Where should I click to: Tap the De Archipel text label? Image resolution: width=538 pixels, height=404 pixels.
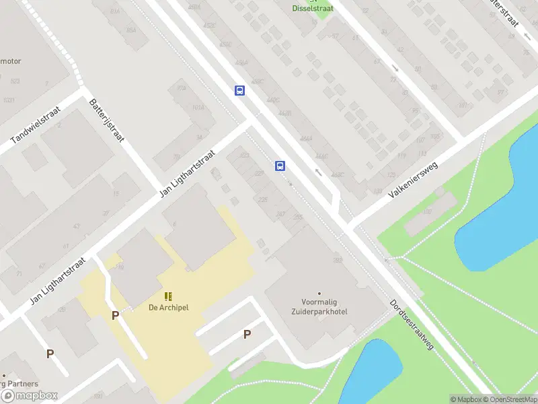(x=169, y=308)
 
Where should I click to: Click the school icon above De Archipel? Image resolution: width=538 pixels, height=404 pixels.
(x=168, y=296)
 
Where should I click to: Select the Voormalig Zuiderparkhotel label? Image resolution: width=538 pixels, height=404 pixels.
(x=320, y=308)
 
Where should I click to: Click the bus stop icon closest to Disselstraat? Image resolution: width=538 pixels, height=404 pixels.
(x=239, y=90)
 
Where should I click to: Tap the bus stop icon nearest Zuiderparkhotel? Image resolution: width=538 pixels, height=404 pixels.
(x=280, y=166)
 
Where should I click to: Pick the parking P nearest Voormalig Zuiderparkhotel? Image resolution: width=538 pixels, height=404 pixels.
(x=247, y=335)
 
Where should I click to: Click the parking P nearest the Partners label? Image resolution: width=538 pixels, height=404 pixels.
(x=50, y=353)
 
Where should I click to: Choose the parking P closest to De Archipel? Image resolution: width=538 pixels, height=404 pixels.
(x=116, y=315)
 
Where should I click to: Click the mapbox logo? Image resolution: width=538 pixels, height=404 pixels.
(x=30, y=396)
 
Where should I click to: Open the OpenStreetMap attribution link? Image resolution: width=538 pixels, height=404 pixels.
(x=509, y=399)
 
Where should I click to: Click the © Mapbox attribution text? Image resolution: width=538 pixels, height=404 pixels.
(x=465, y=399)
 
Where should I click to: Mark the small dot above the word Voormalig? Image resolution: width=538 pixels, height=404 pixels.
(x=319, y=294)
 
